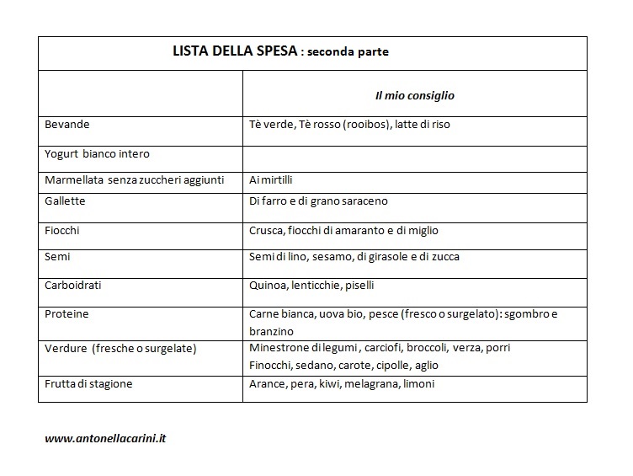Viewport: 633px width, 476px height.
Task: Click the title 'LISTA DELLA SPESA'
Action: (x=234, y=51)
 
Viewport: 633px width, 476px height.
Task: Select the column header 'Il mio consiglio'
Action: (x=415, y=95)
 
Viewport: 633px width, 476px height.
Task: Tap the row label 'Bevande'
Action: (x=67, y=125)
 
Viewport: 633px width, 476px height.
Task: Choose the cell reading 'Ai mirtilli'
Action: (x=271, y=180)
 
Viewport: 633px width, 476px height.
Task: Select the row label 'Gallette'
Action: (x=65, y=201)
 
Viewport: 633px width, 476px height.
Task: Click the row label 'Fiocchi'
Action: (x=62, y=230)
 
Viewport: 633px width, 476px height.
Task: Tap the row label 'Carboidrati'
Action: (x=73, y=285)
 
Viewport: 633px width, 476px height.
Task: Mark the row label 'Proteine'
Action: (x=66, y=314)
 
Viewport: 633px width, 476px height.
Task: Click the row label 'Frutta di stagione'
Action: (x=88, y=384)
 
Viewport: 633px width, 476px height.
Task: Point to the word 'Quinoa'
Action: (x=269, y=286)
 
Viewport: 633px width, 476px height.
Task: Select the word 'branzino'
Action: (x=271, y=332)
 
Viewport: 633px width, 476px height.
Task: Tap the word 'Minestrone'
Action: (x=283, y=348)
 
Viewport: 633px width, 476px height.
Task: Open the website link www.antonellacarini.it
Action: (x=106, y=439)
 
